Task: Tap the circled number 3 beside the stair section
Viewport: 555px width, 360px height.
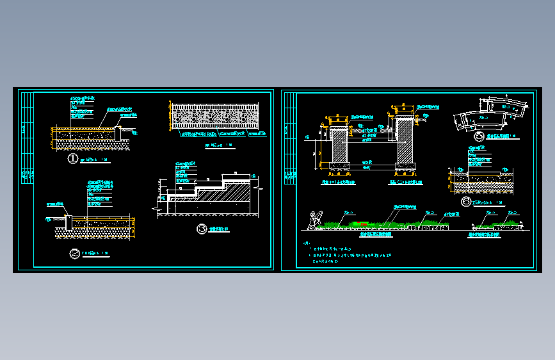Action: click(x=202, y=229)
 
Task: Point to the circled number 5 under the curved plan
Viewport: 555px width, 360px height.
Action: click(x=478, y=136)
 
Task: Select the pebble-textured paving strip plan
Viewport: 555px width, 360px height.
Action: click(x=214, y=117)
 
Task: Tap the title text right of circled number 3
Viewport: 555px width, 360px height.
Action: click(x=219, y=229)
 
